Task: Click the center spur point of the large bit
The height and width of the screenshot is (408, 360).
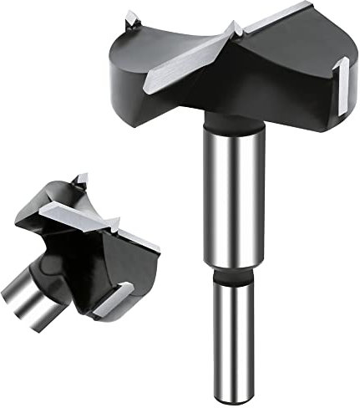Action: point(236,30)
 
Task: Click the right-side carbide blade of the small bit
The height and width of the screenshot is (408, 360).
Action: point(138,240)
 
